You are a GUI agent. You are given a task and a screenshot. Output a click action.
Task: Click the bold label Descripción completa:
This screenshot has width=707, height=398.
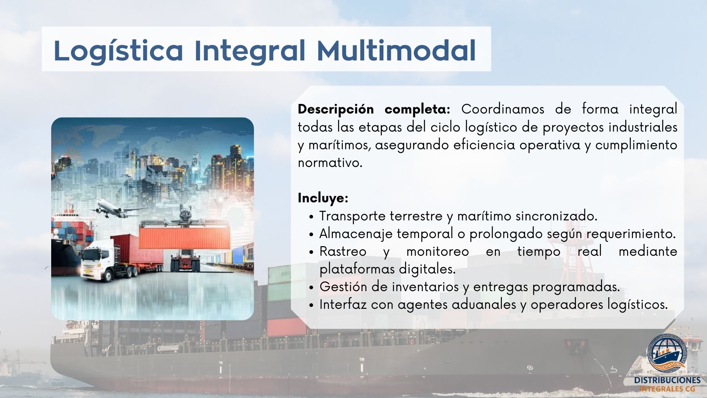pos(374,109)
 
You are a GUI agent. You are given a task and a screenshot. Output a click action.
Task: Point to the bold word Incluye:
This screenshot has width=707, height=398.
pos(323,198)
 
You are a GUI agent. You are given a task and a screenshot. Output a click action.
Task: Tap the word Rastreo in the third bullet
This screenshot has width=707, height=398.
pos(343,251)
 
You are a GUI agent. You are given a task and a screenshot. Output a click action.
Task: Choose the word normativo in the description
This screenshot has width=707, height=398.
pos(330,163)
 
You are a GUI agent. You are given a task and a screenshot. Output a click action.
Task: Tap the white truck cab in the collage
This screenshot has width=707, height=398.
pos(97,260)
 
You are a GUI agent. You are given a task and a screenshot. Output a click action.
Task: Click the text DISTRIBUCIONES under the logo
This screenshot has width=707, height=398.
pos(668,380)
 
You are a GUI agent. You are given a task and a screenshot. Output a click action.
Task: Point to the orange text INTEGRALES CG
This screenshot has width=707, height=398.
pos(667,389)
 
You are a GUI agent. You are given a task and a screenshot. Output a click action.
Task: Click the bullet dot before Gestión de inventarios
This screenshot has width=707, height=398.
pos(312,287)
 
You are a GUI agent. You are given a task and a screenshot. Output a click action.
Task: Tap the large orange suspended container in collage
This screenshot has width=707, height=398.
pos(184,237)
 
